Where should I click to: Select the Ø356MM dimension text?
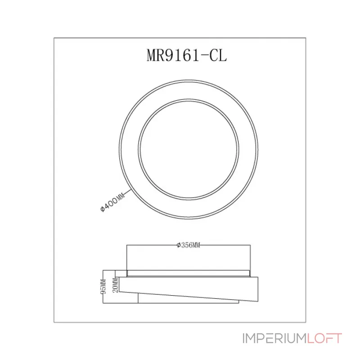[x=188, y=245]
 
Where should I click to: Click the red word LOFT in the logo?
[x=324, y=338]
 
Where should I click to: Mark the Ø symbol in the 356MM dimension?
[x=179, y=245]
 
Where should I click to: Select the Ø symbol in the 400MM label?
[x=103, y=209]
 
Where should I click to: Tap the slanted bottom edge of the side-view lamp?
[x=189, y=296]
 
